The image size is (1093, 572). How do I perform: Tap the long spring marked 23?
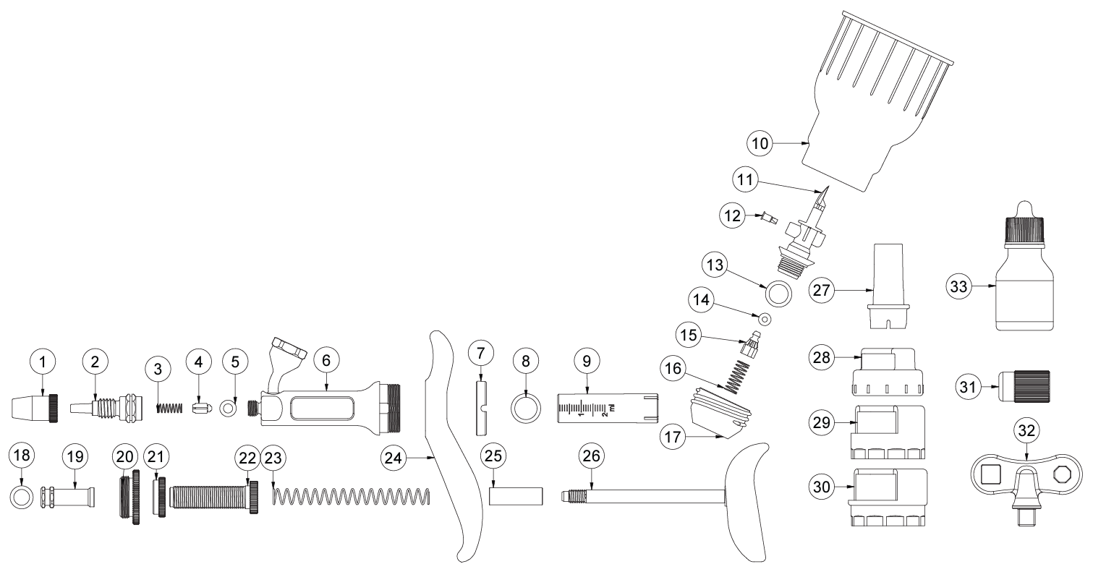pyautogui.click(x=352, y=496)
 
